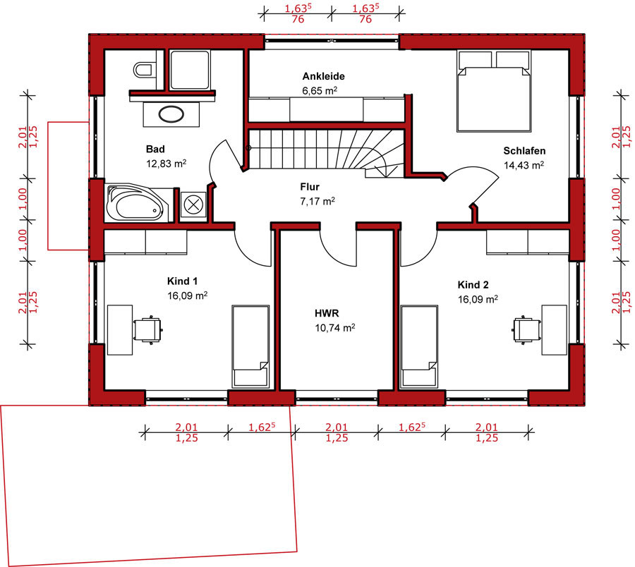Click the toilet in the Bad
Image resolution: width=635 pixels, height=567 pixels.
[143, 70]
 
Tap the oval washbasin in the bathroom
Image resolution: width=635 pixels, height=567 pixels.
[171, 114]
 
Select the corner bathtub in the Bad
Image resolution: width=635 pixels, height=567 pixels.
[137, 204]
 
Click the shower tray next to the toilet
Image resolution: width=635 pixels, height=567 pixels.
[190, 70]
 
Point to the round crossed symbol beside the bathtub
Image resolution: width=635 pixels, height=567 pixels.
[193, 205]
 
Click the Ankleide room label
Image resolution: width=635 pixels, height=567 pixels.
[324, 76]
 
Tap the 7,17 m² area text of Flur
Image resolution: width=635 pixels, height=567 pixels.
[317, 201]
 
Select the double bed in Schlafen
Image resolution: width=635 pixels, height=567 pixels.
[494, 91]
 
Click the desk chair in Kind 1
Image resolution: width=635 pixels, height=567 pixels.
[148, 329]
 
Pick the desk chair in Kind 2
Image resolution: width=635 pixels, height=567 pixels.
[527, 329]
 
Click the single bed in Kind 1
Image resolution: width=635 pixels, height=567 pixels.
[250, 346]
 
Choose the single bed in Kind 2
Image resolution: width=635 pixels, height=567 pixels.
[419, 346]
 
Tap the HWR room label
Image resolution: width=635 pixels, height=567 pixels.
[327, 313]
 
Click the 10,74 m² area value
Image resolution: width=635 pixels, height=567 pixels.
[335, 327]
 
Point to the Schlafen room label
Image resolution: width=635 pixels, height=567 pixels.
[524, 150]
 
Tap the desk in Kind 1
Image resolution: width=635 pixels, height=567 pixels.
[120, 330]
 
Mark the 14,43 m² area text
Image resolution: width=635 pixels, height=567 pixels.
[524, 165]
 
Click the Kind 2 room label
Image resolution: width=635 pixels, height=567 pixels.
[473, 284]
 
